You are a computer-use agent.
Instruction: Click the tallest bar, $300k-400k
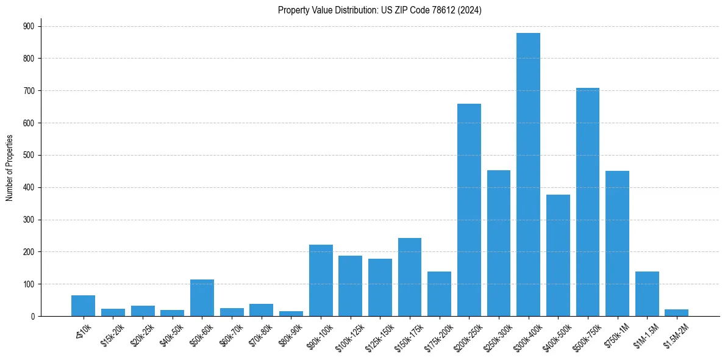pos(528,175)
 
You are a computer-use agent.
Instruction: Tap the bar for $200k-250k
pos(469,210)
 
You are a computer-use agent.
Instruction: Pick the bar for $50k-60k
pos(202,298)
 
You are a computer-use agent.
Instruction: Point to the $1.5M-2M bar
pos(676,313)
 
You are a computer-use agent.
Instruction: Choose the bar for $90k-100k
pos(321,281)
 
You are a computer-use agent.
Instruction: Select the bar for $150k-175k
pos(410,277)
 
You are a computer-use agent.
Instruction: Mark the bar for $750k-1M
pos(617,243)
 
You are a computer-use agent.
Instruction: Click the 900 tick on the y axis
pos(29,26)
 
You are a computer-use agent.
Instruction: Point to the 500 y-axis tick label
pos(29,155)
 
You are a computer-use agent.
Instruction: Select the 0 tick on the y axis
pos(33,316)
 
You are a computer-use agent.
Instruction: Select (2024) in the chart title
pos(471,10)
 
